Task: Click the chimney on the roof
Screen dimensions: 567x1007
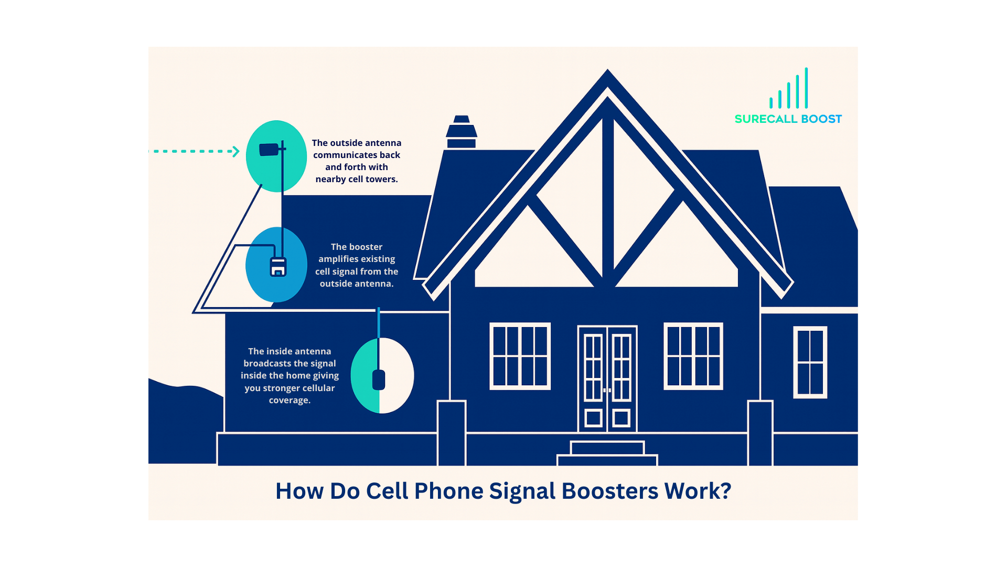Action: (461, 132)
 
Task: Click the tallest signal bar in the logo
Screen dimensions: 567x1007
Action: (806, 88)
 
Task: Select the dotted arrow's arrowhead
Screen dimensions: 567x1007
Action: (235, 151)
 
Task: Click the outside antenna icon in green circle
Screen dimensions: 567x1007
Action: (270, 150)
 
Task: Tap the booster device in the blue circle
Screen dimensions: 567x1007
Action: (278, 267)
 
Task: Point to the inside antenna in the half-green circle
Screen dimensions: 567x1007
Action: (379, 379)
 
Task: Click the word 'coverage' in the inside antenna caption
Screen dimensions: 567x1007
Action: (289, 401)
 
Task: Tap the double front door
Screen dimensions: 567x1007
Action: (607, 378)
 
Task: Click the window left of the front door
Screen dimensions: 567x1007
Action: (520, 356)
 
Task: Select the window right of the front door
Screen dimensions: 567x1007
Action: (693, 356)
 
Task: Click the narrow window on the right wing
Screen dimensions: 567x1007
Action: (810, 362)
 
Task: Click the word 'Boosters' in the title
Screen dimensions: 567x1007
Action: (609, 491)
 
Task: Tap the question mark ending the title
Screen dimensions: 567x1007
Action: (725, 491)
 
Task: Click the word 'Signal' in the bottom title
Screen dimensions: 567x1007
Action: (522, 491)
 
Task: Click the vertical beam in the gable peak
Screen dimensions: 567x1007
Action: (608, 199)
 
